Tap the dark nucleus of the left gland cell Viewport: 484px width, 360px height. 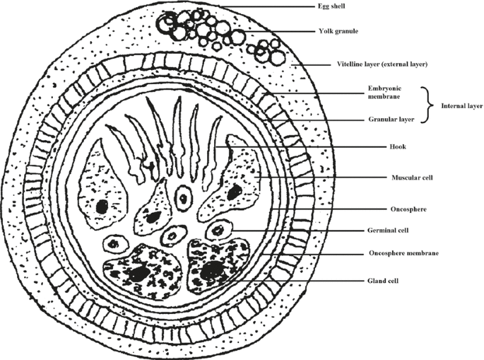click(x=138, y=272)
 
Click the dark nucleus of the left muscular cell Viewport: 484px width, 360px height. click(x=102, y=207)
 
